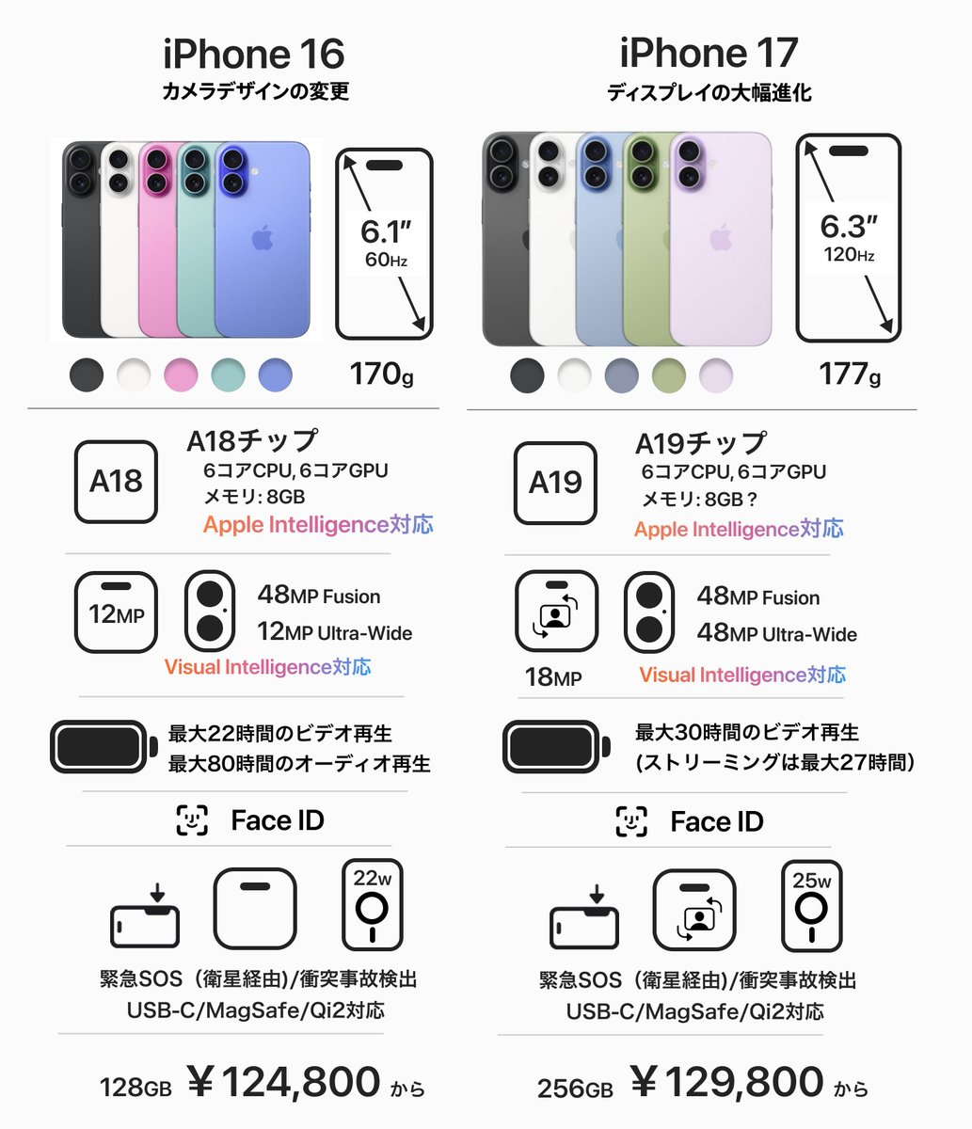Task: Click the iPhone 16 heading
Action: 254,54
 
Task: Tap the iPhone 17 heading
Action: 708,54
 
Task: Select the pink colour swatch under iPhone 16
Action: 181,374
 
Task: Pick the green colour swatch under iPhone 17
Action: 668,375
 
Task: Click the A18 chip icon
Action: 116,482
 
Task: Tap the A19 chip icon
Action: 555,483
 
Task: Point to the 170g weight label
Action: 381,374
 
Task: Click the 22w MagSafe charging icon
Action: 373,904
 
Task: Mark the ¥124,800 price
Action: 284,1083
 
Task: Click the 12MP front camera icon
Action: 116,612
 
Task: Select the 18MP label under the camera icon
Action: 552,676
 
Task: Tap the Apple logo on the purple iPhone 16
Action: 262,238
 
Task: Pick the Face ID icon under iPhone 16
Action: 192,820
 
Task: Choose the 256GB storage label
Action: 575,1089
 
